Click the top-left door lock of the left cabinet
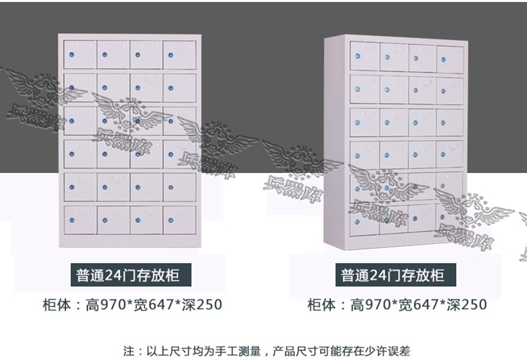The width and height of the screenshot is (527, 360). pyautogui.click(x=72, y=55)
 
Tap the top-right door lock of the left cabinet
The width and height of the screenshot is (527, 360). pyautogui.click(x=171, y=55)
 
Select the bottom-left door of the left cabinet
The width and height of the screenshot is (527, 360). pyautogui.click(x=80, y=220)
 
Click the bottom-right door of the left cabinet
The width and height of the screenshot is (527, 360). pyautogui.click(x=179, y=220)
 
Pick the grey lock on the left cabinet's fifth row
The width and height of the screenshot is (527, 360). pyautogui.click(x=171, y=187)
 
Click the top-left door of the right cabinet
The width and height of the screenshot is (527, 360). pyautogui.click(x=364, y=56)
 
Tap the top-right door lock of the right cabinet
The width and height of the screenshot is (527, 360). pyautogui.click(x=443, y=60)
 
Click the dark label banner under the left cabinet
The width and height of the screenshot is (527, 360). pyautogui.click(x=131, y=275)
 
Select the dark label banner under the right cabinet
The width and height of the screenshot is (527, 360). pyautogui.click(x=396, y=275)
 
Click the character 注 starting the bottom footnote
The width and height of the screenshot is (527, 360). pyautogui.click(x=129, y=352)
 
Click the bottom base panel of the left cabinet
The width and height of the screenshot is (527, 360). pyautogui.click(x=130, y=241)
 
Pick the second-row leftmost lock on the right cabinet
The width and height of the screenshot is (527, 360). pyautogui.click(x=357, y=89)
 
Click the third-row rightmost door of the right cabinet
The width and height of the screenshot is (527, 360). pyautogui.click(x=450, y=123)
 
